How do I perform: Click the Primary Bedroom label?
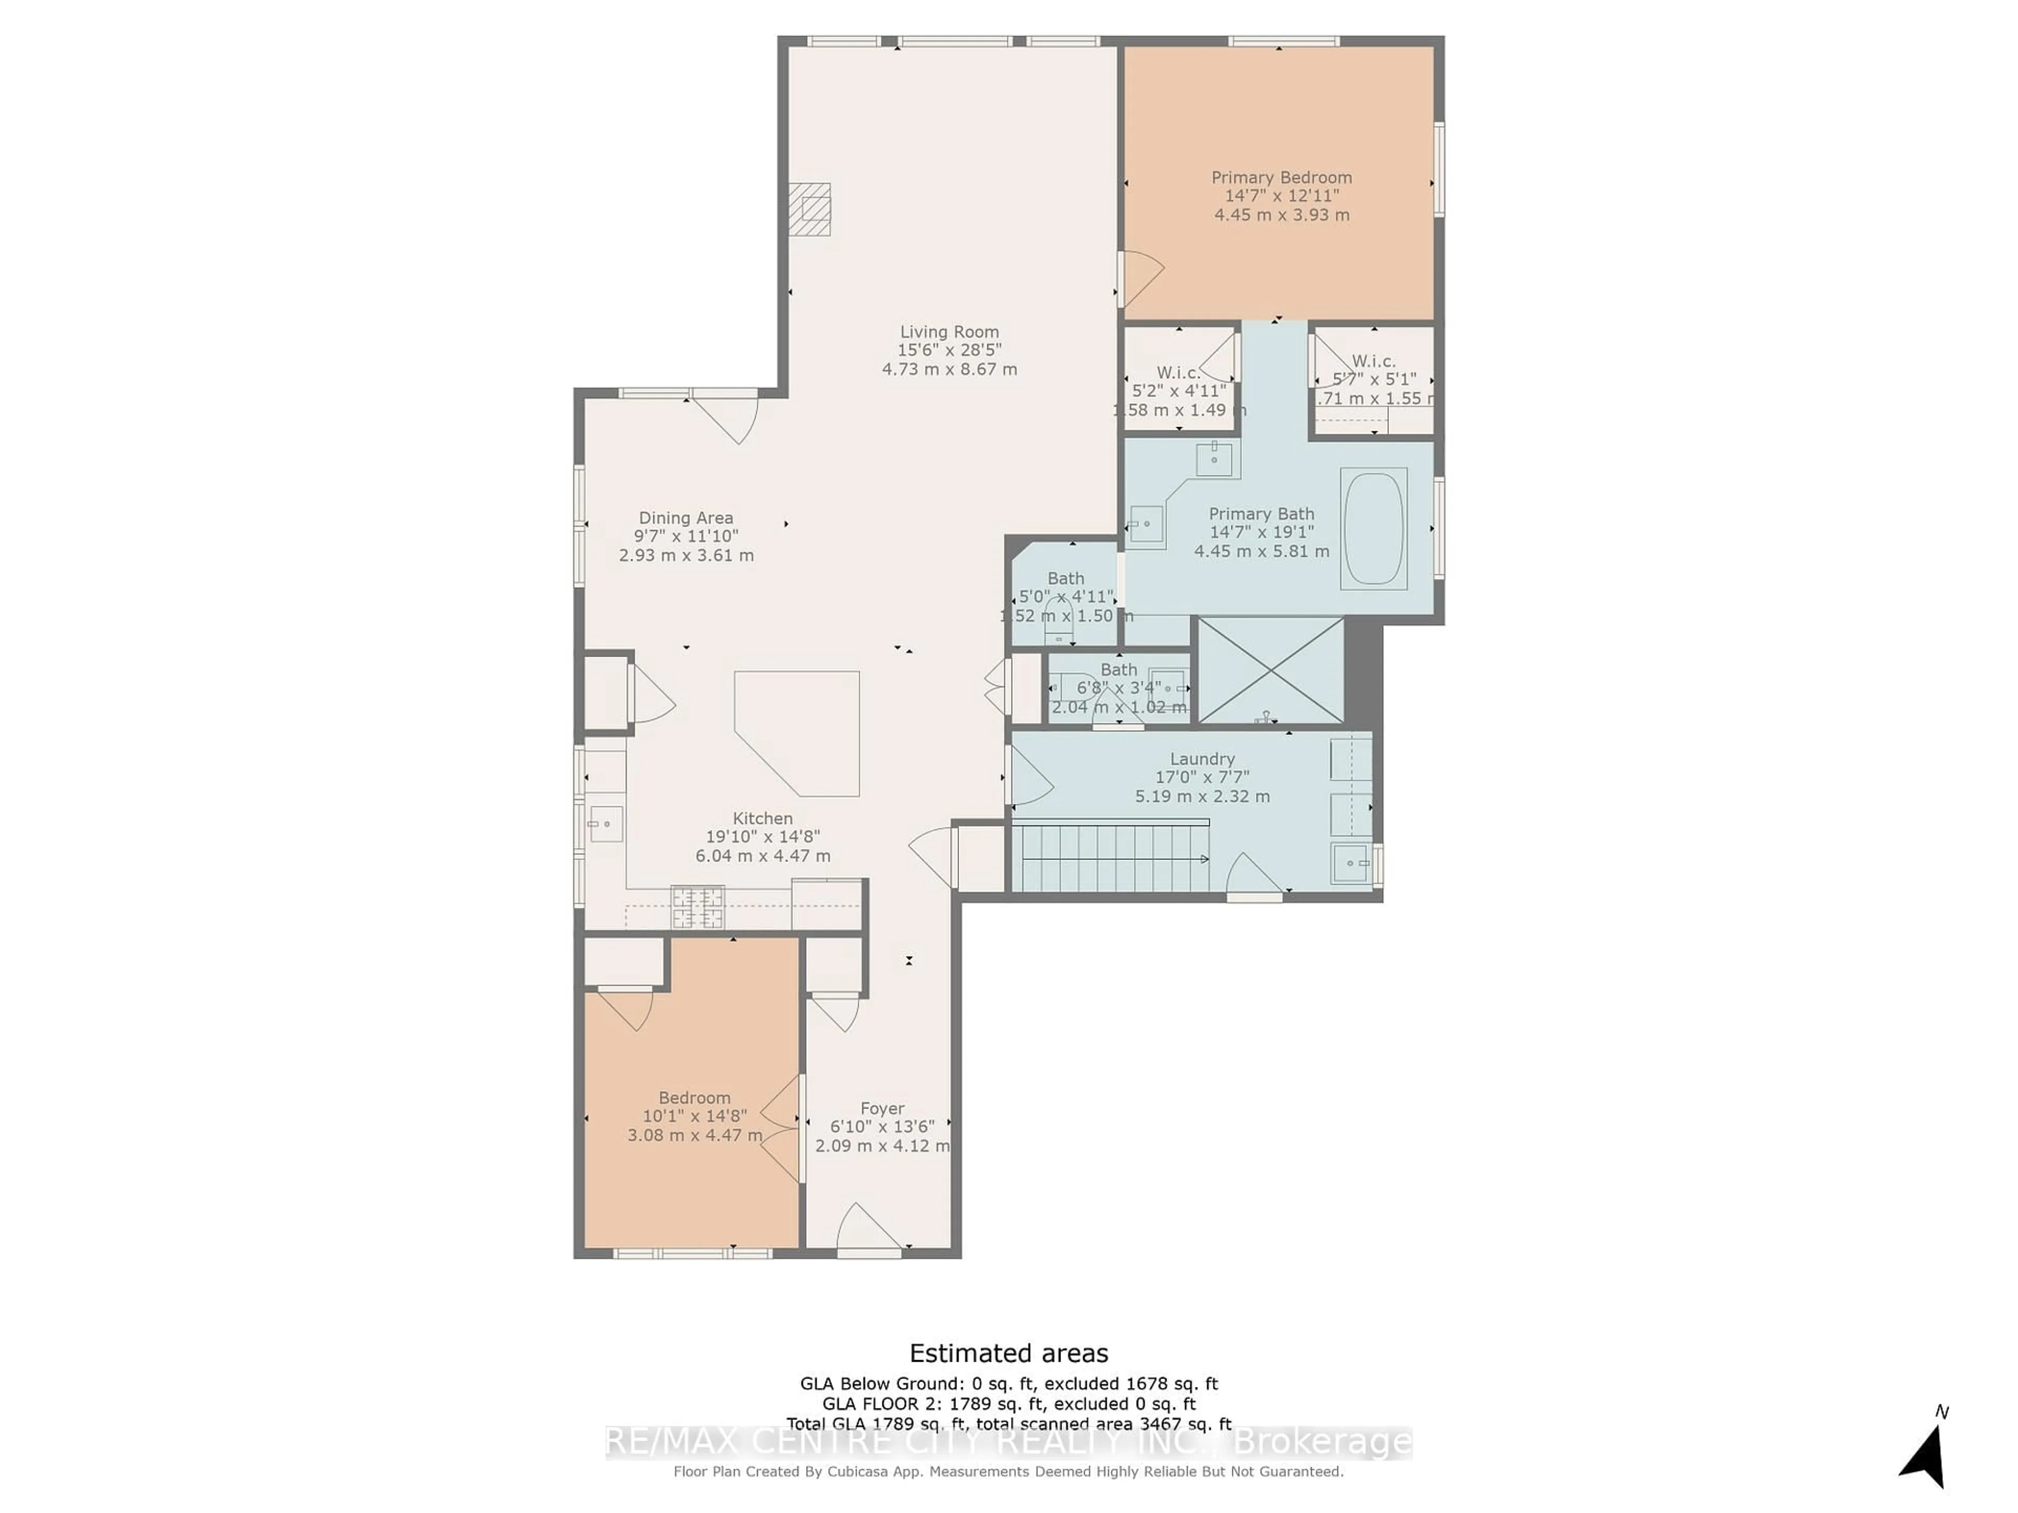tap(1281, 178)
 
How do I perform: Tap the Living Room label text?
tap(949, 332)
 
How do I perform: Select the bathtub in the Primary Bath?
tap(1373, 528)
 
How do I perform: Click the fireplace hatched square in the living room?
tap(809, 209)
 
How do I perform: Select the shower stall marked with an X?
tap(1270, 670)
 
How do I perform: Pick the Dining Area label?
tap(685, 518)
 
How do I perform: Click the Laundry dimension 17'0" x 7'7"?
tap(1201, 777)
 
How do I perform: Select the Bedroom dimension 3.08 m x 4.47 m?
tap(694, 1135)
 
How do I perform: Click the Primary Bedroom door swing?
tap(1140, 277)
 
